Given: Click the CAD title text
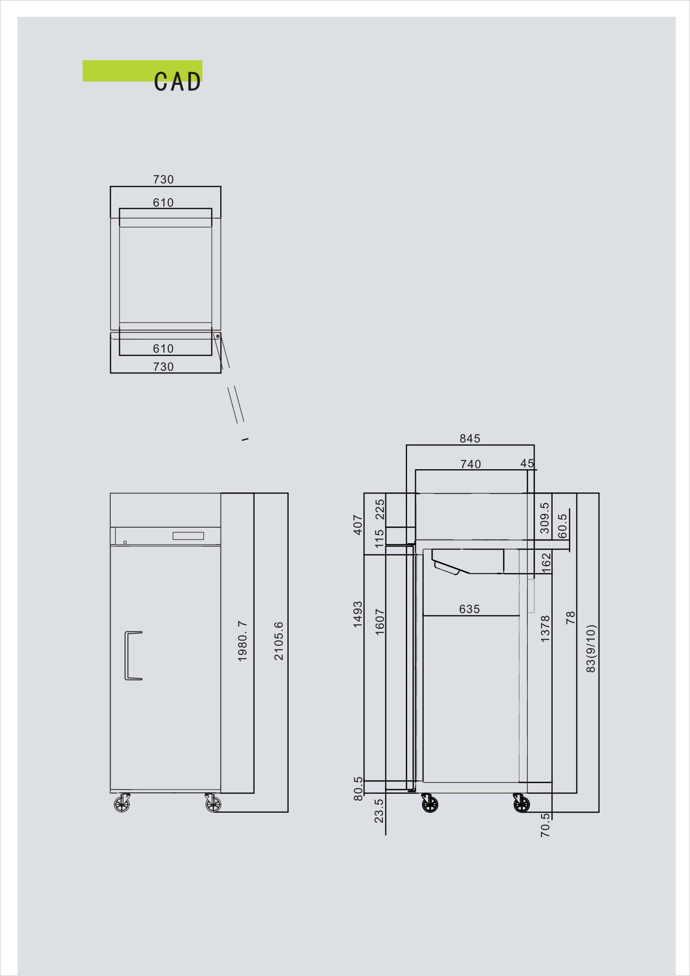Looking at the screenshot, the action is [177, 81].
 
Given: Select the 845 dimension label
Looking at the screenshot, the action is [470, 438].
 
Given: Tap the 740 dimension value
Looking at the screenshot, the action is [471, 464].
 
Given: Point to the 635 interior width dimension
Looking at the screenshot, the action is [470, 609].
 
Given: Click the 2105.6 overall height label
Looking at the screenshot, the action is [279, 641].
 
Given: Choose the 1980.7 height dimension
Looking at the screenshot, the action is [242, 641].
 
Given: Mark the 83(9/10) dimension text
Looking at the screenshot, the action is [591, 649].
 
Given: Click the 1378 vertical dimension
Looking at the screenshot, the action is [545, 629].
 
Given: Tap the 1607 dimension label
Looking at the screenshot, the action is [380, 622].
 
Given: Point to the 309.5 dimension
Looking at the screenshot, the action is [545, 518].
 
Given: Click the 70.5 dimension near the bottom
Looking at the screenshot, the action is [545, 825].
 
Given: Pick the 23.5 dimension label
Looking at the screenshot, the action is [379, 811].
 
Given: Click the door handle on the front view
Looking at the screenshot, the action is [133, 656].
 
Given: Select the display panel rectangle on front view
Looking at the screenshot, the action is [188, 536].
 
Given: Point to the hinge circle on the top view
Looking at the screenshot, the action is [217, 336].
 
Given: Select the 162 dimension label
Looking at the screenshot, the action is [546, 562].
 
